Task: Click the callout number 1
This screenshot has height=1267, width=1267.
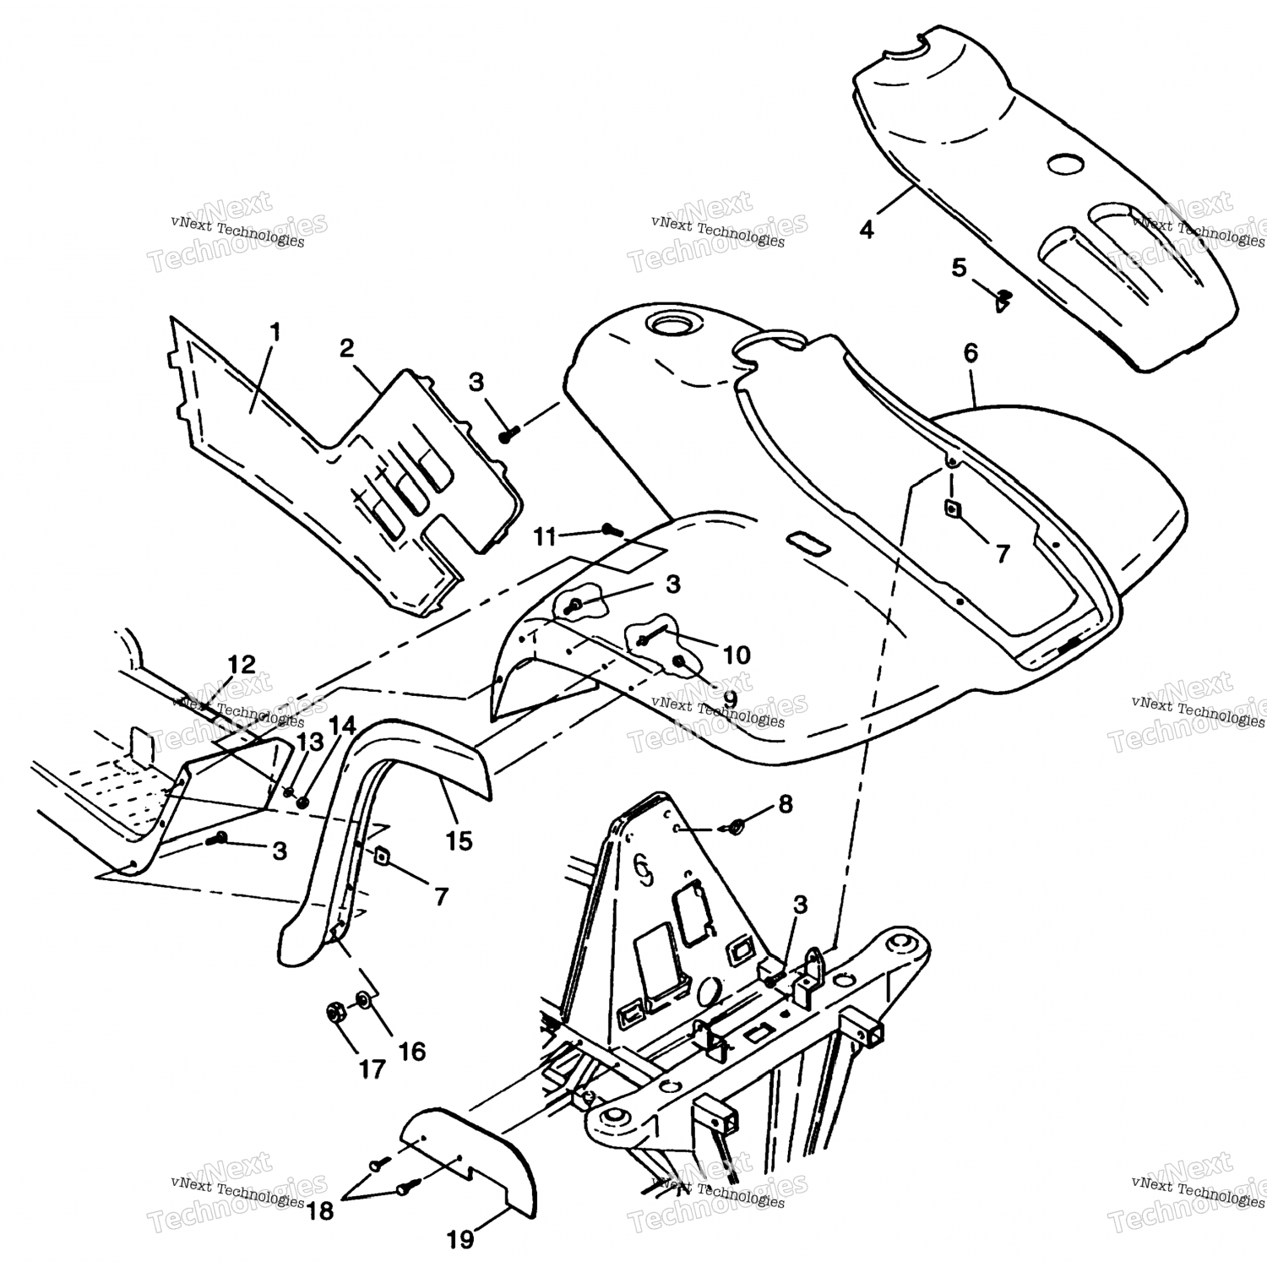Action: click(274, 333)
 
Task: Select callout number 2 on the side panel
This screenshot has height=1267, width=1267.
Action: click(347, 348)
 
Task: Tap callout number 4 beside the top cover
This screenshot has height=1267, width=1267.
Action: click(867, 229)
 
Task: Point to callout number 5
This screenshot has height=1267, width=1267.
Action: click(959, 269)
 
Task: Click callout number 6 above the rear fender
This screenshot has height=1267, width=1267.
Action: click(971, 353)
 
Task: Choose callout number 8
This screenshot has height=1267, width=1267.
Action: click(786, 804)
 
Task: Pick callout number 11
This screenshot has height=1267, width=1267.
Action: click(546, 536)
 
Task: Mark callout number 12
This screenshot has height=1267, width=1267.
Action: click(242, 664)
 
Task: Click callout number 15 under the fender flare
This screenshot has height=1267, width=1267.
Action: click(460, 841)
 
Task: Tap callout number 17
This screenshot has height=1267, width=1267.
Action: click(372, 1069)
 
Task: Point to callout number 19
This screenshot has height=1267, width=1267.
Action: click(460, 1240)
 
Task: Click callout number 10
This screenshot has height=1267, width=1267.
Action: click(737, 655)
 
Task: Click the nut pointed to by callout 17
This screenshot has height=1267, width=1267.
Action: click(334, 1011)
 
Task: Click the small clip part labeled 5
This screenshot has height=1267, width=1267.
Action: click(1003, 296)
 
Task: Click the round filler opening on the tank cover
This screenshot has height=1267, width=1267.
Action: click(663, 323)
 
